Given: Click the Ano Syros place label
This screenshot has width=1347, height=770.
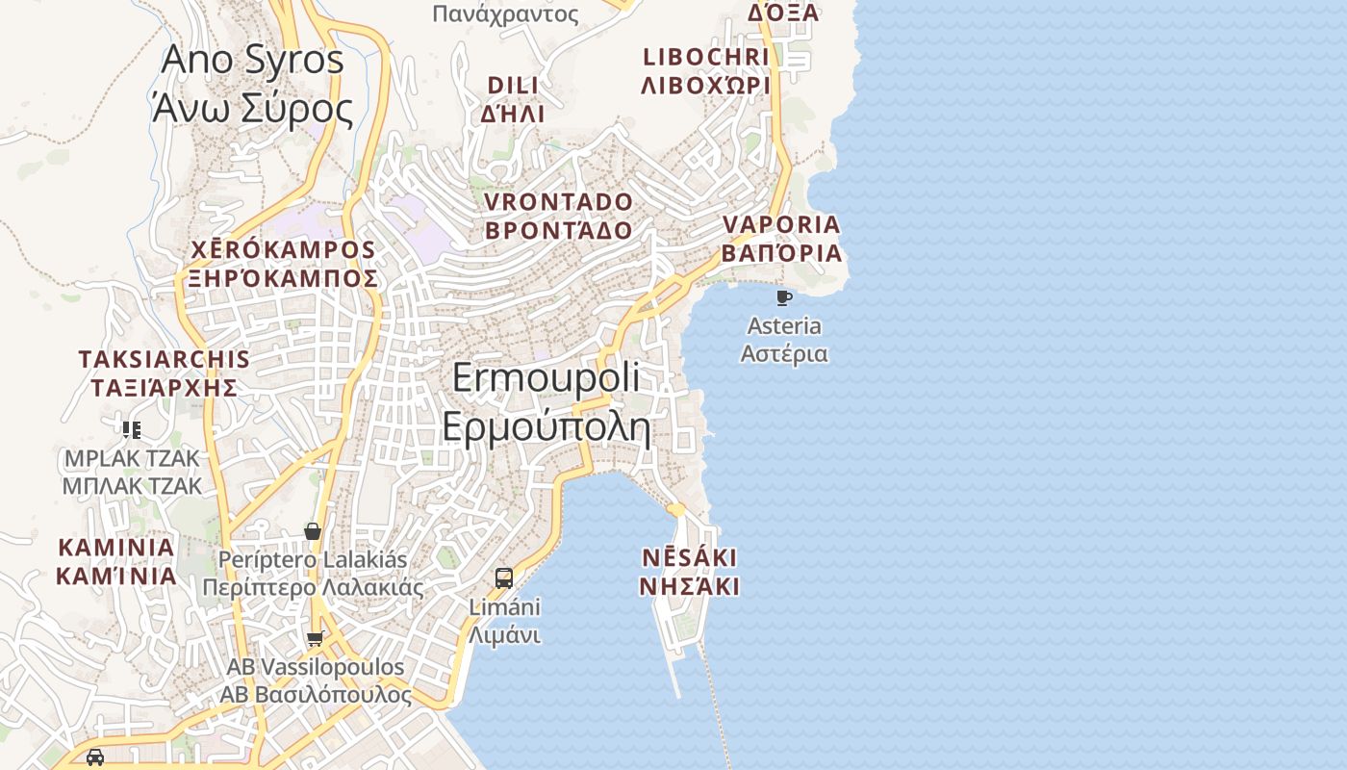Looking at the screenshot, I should pyautogui.click(x=252, y=85).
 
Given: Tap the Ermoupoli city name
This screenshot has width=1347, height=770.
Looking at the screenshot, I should pyautogui.click(x=546, y=401).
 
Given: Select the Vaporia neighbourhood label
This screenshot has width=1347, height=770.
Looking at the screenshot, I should pyautogui.click(x=781, y=239).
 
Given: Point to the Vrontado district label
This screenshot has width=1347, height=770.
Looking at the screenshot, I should pyautogui.click(x=559, y=217).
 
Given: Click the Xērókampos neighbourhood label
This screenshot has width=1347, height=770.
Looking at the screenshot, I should pyautogui.click(x=283, y=264).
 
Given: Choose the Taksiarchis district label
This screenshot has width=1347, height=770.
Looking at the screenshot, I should pyautogui.click(x=164, y=373).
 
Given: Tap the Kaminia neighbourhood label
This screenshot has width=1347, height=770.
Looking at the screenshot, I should pyautogui.click(x=116, y=562).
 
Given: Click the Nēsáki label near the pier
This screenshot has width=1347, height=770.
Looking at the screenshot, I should pyautogui.click(x=690, y=572).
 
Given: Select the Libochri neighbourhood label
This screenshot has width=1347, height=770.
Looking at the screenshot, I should pyautogui.click(x=706, y=70).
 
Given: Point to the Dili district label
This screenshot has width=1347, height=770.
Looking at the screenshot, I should pyautogui.click(x=513, y=99).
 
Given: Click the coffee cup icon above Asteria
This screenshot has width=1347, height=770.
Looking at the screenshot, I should pyautogui.click(x=784, y=297).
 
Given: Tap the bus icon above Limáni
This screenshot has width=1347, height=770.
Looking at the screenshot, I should pyautogui.click(x=504, y=578).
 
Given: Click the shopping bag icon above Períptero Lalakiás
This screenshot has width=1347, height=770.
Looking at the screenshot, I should pyautogui.click(x=312, y=531).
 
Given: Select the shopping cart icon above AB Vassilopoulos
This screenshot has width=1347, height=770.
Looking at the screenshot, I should pyautogui.click(x=315, y=638).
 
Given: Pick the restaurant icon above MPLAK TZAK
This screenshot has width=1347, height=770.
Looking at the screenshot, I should pyautogui.click(x=132, y=429).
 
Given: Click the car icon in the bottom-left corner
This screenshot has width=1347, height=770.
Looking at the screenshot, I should pyautogui.click(x=95, y=757).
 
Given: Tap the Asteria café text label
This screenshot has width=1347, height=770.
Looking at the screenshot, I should pyautogui.click(x=784, y=339).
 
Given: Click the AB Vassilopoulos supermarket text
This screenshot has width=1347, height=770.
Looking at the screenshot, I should pyautogui.click(x=316, y=680).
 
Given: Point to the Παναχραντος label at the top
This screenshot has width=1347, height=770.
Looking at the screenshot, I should pyautogui.click(x=506, y=13).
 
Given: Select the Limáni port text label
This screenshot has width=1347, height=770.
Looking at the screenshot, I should pyautogui.click(x=505, y=621).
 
